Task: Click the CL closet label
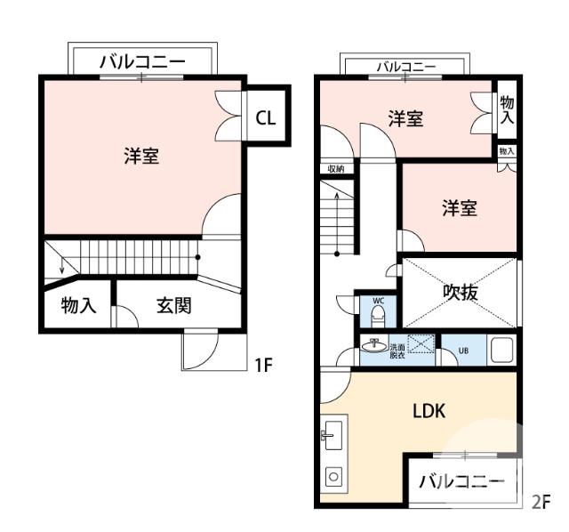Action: tap(265, 117)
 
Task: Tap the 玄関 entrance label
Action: tap(173, 306)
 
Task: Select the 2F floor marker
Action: tap(541, 502)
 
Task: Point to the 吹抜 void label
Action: tap(461, 293)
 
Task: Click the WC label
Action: tap(377, 301)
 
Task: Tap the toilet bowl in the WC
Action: tap(377, 317)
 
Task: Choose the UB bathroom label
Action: tap(463, 351)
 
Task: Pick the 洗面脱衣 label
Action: tap(397, 350)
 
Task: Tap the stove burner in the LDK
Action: tap(334, 477)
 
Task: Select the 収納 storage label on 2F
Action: tap(335, 168)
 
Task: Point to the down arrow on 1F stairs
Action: tap(60, 266)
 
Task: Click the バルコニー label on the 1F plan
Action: tap(142, 62)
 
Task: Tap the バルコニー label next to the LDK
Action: tap(461, 481)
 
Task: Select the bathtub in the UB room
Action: tap(501, 351)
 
